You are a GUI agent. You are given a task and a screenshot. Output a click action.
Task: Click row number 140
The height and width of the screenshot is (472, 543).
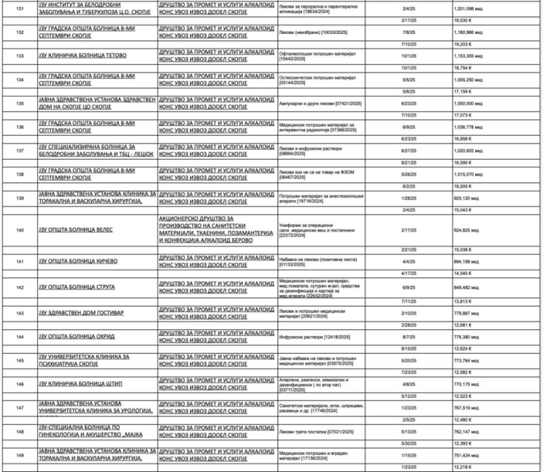[x=20, y=230]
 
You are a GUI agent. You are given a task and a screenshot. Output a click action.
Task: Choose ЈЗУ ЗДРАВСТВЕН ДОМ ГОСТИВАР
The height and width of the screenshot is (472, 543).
[x=80, y=313]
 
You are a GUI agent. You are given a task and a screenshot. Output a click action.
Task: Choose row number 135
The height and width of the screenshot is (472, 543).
[x=20, y=103]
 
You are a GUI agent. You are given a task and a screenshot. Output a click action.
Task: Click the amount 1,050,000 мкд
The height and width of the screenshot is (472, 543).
[x=468, y=103]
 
